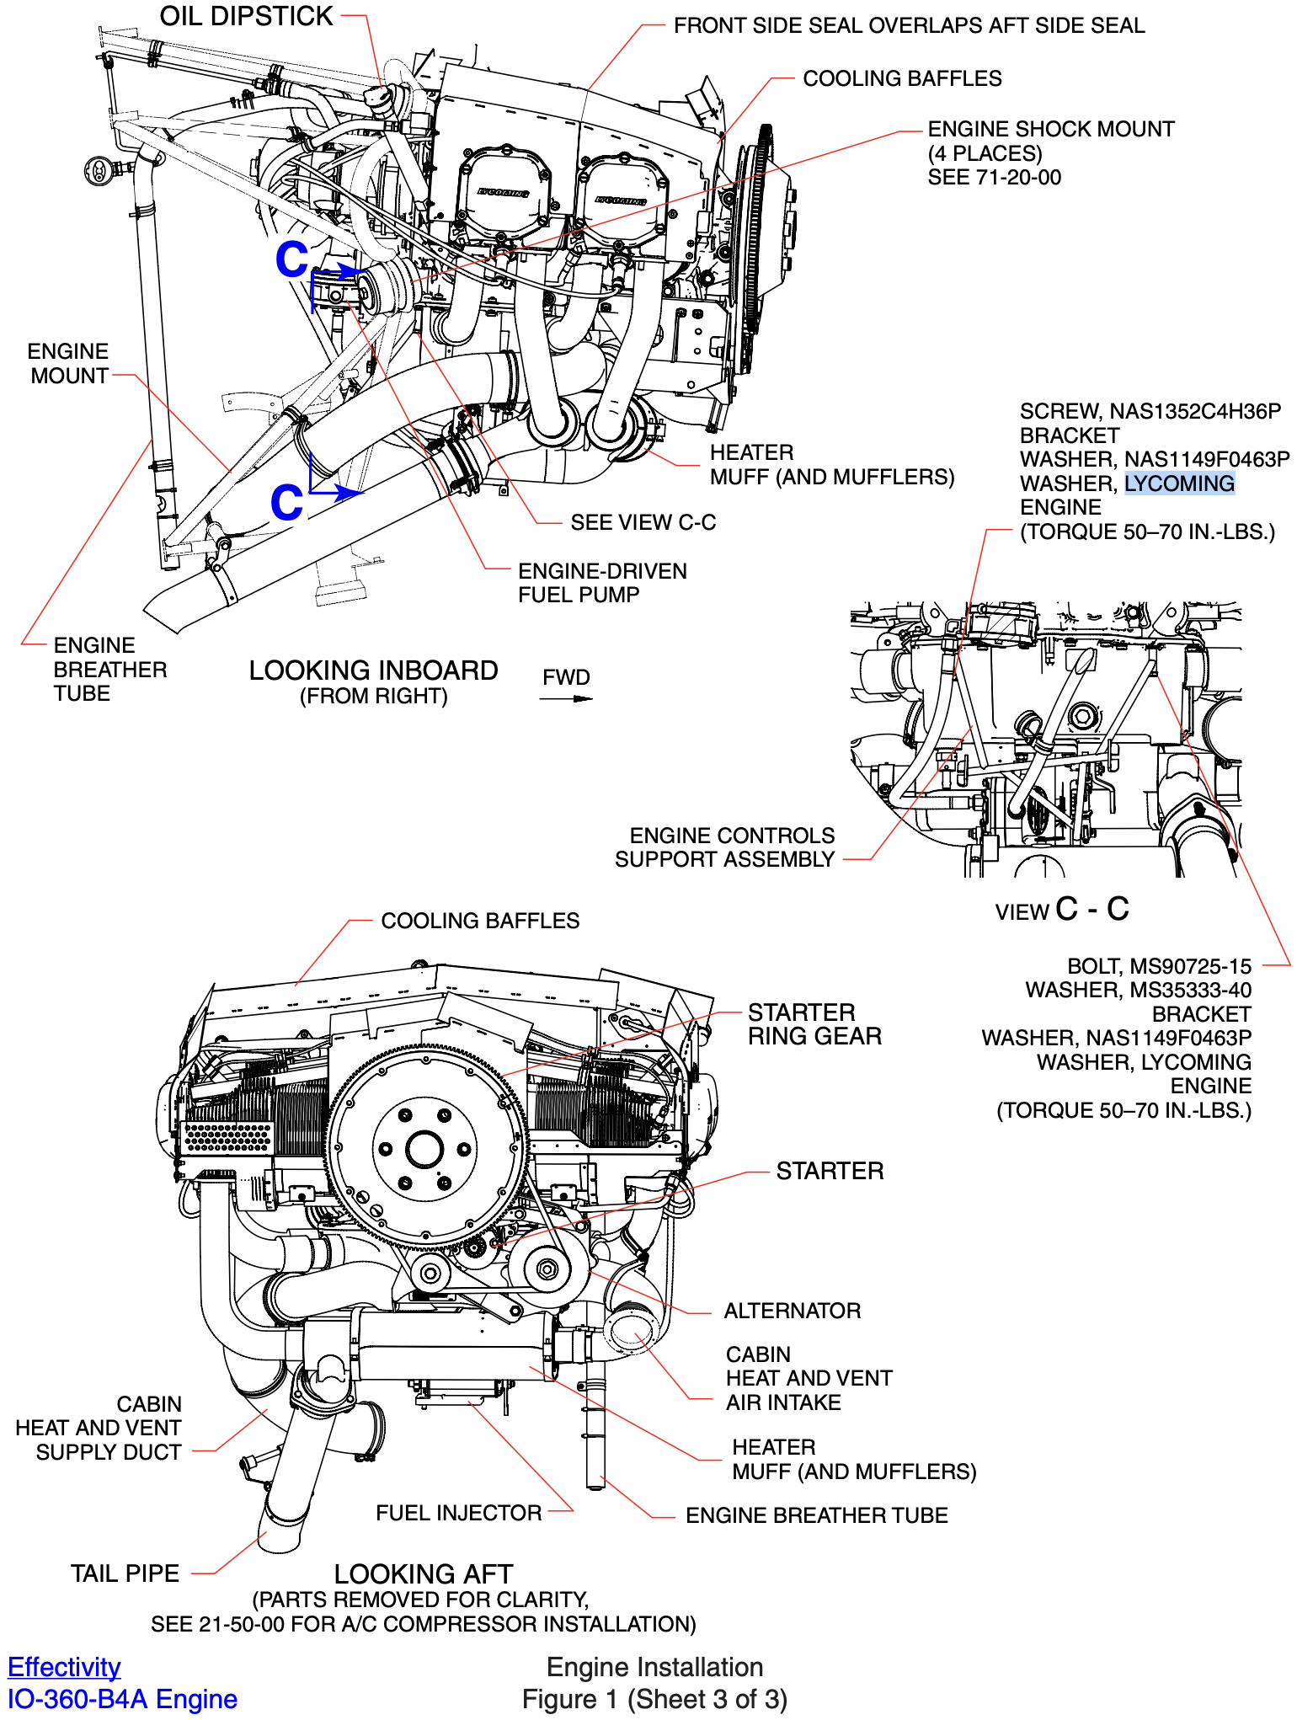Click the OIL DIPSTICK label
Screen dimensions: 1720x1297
(246, 16)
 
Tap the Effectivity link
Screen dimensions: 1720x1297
(64, 1667)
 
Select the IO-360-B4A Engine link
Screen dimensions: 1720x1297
(122, 1699)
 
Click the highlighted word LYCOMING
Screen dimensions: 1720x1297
(1179, 483)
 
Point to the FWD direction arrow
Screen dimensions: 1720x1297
(567, 697)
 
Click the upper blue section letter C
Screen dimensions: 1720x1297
(291, 259)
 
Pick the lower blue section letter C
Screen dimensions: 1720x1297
(286, 503)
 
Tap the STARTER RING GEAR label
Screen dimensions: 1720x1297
(814, 1024)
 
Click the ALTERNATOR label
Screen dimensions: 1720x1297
(792, 1311)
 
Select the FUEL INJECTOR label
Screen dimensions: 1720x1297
(459, 1513)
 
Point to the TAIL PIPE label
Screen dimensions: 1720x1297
(125, 1573)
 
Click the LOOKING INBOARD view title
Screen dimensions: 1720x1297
(373, 671)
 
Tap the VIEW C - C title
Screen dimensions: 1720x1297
(1061, 910)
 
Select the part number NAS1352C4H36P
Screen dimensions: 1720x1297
(1194, 411)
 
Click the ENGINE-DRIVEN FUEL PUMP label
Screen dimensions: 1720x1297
(601, 583)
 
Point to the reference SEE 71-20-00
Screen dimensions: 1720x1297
(994, 178)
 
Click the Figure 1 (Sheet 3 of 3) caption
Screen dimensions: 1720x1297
(654, 1699)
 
